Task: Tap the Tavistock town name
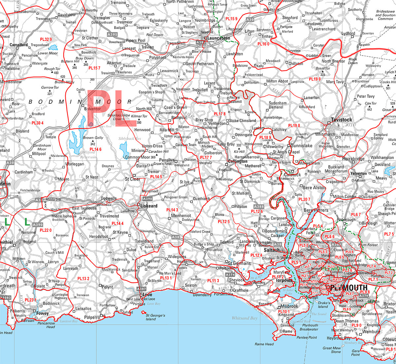(342, 120)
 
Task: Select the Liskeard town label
(149, 206)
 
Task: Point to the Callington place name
(237, 162)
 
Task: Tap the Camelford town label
(19, 45)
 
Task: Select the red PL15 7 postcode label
(94, 68)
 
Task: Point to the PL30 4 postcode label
(37, 123)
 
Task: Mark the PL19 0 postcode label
(314, 79)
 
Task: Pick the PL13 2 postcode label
(83, 279)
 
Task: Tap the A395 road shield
(112, 34)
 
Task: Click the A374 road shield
(230, 274)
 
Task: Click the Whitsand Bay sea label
(244, 318)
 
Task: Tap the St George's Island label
(155, 317)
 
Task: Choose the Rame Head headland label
(264, 344)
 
